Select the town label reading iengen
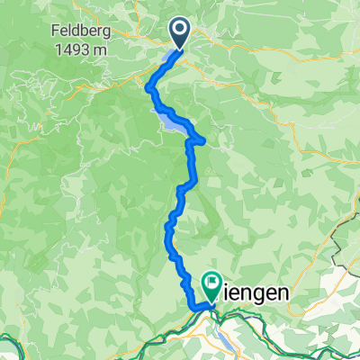[255, 293]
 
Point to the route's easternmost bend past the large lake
[206, 140]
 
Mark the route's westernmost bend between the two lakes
[148, 86]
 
